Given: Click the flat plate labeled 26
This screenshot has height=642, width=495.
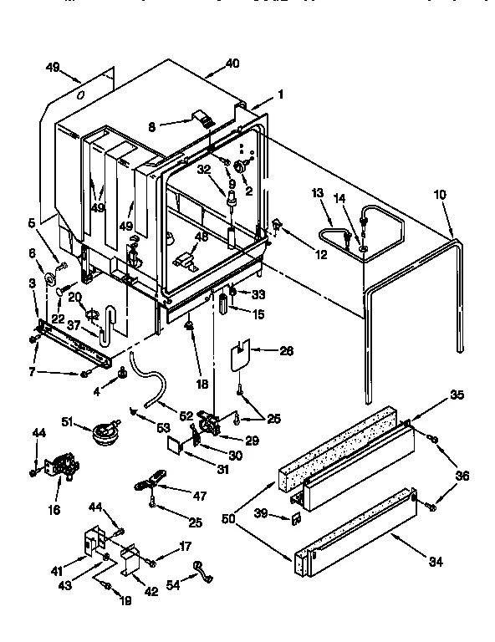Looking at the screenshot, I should [x=243, y=353].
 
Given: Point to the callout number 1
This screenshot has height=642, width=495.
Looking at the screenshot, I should [x=281, y=94].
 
